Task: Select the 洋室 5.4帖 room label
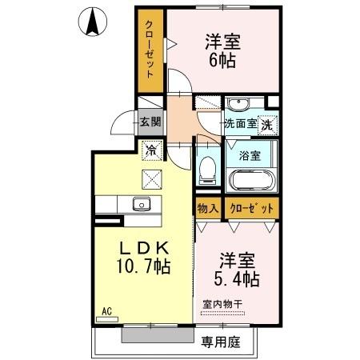coord(238,270)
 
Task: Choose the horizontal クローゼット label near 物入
coord(250,208)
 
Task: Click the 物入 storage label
coord(206,208)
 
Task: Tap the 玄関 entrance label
coord(150,122)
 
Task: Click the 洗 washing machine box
coord(270,124)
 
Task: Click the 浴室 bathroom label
coord(251,156)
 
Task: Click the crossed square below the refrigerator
coord(151,178)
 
